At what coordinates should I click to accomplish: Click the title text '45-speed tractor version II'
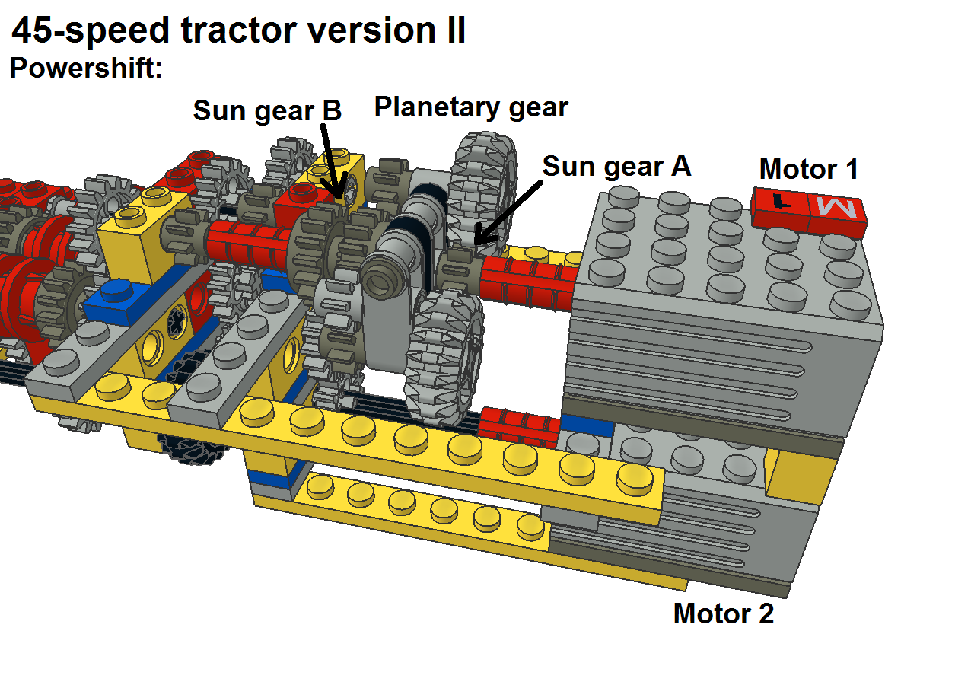(x=238, y=31)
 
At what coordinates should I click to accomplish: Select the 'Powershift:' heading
(x=85, y=68)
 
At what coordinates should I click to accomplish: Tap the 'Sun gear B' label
(x=267, y=111)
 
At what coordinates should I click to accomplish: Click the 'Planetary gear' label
(x=470, y=107)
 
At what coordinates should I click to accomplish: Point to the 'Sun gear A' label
(x=616, y=166)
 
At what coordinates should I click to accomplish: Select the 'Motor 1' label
(x=808, y=169)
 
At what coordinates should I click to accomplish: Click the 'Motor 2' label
(x=723, y=613)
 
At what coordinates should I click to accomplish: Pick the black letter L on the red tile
(x=780, y=202)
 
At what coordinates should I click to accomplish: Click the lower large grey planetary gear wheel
(x=443, y=358)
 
